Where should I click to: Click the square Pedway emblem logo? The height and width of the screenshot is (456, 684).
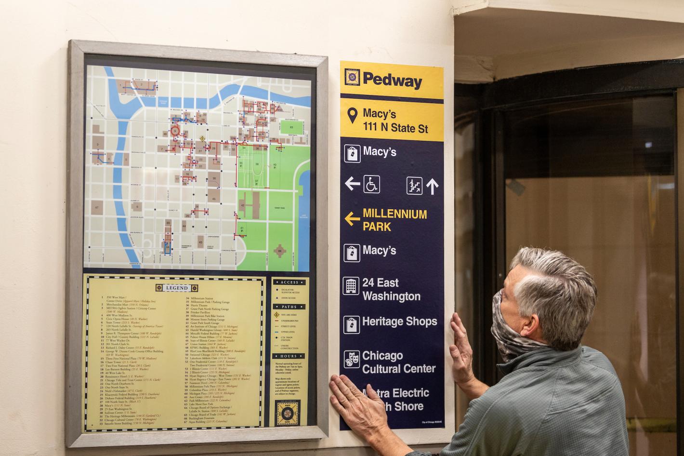(x=353, y=77)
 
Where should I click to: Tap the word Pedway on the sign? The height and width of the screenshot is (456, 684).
(x=392, y=80)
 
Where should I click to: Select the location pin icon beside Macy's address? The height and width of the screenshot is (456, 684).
(x=353, y=115)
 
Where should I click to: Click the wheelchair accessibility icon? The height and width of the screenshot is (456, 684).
(x=371, y=184)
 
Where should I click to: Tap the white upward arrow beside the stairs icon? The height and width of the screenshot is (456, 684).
(x=432, y=186)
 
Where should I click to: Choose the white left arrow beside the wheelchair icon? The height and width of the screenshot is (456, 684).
(x=353, y=184)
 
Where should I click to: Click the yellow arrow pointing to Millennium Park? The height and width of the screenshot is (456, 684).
(x=352, y=219)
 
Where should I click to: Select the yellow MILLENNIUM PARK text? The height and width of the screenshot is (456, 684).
(x=395, y=220)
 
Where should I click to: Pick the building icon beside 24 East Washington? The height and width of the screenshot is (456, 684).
(x=351, y=286)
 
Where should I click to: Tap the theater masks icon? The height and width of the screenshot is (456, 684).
(x=352, y=359)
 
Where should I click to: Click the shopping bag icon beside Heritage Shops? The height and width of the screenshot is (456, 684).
(x=352, y=324)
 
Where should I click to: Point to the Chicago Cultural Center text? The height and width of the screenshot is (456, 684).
(x=398, y=362)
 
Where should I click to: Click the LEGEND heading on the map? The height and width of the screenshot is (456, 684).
(x=177, y=288)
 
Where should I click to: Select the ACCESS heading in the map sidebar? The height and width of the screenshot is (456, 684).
(x=289, y=282)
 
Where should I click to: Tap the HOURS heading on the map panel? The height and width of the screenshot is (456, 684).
(x=289, y=356)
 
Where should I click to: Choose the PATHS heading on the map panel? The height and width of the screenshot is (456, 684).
(x=289, y=307)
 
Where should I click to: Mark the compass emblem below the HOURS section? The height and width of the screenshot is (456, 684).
(x=287, y=413)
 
